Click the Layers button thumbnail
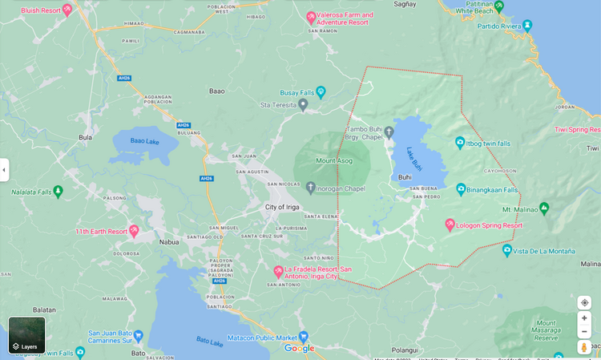[26, 334]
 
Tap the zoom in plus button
[584, 318]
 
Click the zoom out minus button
[584, 331]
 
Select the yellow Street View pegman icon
[584, 346]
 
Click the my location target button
[584, 302]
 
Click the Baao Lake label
[144, 141]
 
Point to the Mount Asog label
[333, 160]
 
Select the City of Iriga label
[282, 207]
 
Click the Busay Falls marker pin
[321, 91]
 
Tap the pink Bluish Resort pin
[67, 10]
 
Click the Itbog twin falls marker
[460, 142]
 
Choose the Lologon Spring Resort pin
[450, 224]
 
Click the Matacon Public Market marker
[303, 336]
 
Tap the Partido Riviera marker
[526, 26]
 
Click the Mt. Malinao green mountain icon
[544, 208]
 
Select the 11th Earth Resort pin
[134, 230]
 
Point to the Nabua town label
[169, 241]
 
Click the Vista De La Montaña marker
[506, 250]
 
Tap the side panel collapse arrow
[4, 170]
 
